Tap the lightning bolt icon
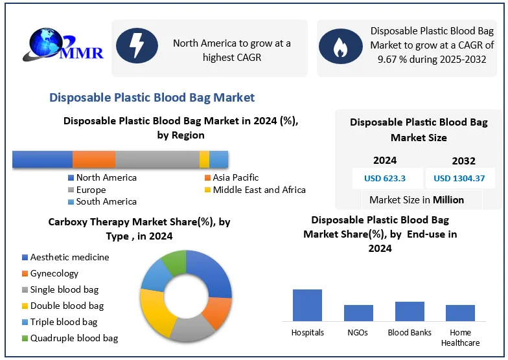pyautogui.click(x=137, y=46)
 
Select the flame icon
pyautogui.click(x=339, y=47)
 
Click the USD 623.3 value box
pyautogui.click(x=385, y=178)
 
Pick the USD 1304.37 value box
pyautogui.click(x=459, y=178)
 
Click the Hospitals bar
pyautogui.click(x=307, y=305)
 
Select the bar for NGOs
pyautogui.click(x=358, y=313)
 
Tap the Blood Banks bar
pyautogui.click(x=410, y=311)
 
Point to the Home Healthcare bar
pyautogui.click(x=460, y=313)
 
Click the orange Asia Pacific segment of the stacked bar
pyautogui.click(x=94, y=160)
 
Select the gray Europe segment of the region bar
pyautogui.click(x=157, y=160)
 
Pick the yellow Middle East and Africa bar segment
pyautogui.click(x=204, y=160)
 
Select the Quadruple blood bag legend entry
pyautogui.click(x=70, y=338)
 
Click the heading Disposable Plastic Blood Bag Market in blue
pyautogui.click(x=152, y=98)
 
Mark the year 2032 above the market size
pyautogui.click(x=463, y=161)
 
